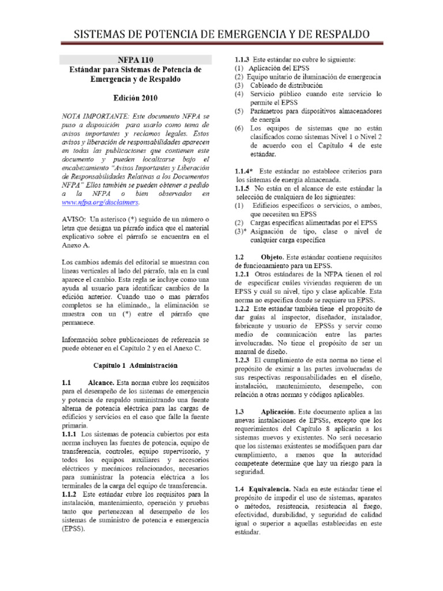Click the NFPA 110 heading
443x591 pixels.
[136, 59]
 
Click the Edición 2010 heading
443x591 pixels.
[136, 97]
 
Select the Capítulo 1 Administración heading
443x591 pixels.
[136, 365]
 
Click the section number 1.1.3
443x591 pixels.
[242, 59]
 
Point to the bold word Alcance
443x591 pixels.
[102, 383]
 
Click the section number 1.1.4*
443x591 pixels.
[245, 171]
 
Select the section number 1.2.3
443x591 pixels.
[242, 360]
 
